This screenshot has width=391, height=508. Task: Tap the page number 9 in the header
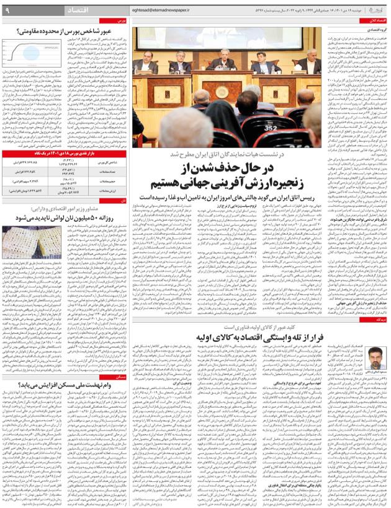(x=7, y=10)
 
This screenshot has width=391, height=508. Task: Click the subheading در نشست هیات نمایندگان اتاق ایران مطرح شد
(x=235, y=153)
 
